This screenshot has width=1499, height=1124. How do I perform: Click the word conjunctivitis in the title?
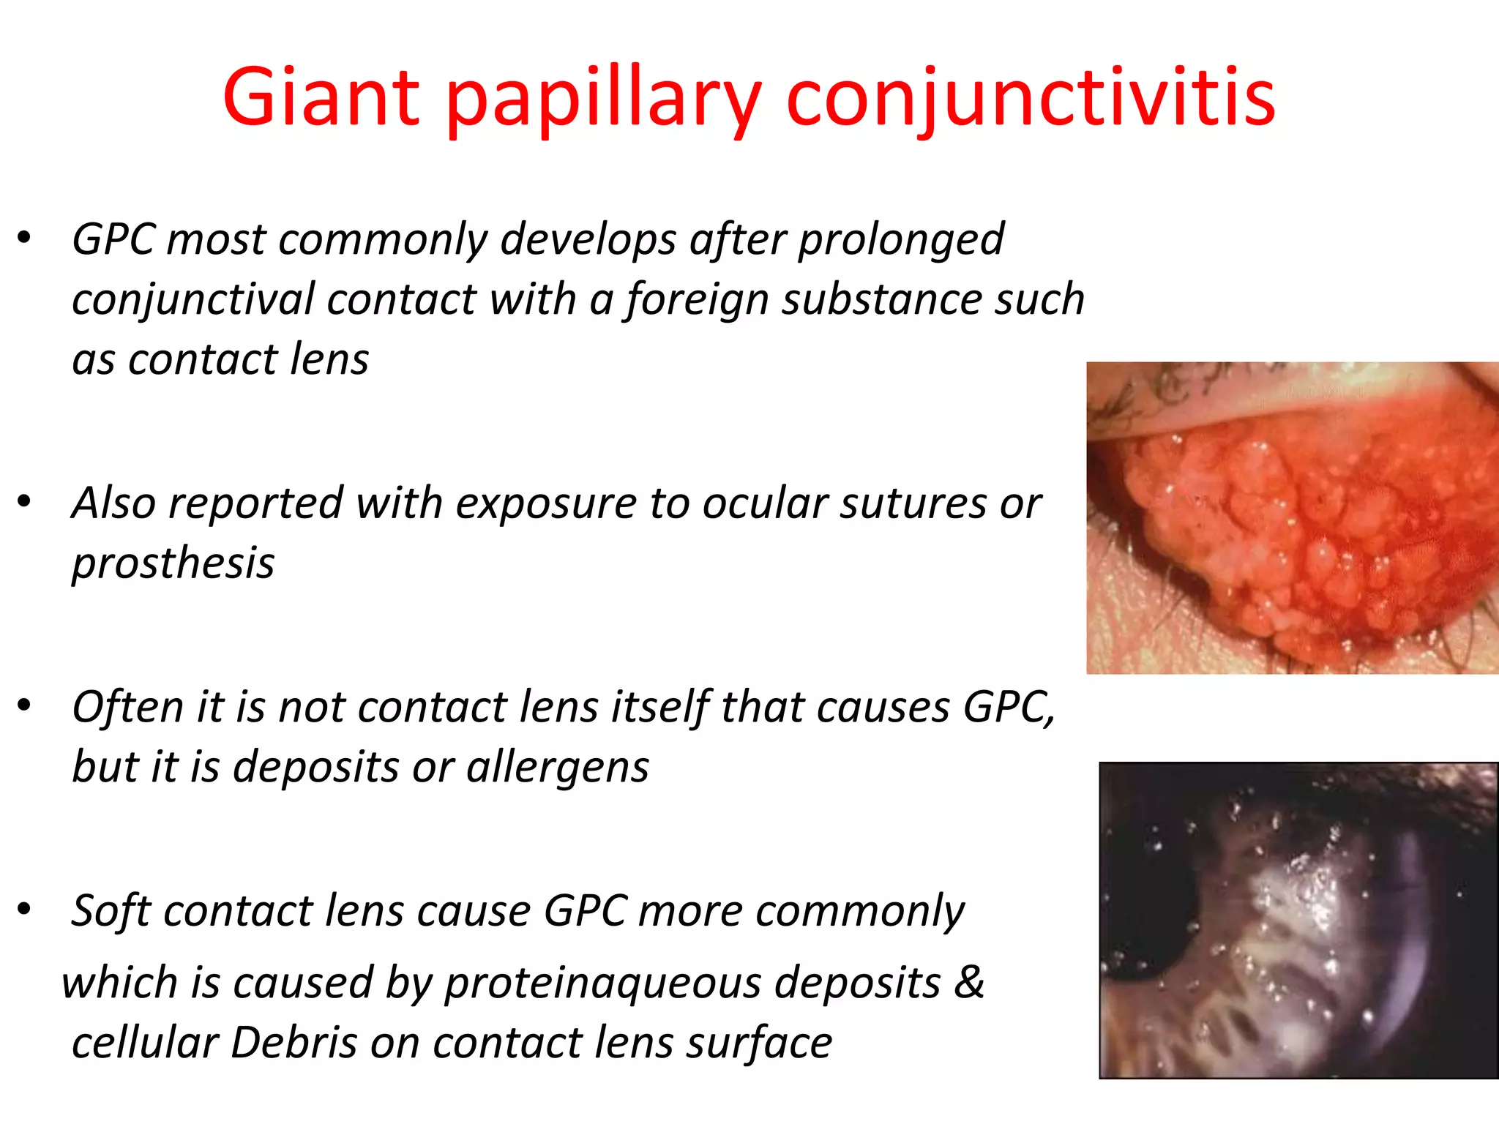pyautogui.click(x=1031, y=97)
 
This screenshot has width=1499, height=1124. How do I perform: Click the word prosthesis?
pyautogui.click(x=173, y=564)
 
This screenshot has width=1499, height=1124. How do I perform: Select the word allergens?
pyautogui.click(x=558, y=768)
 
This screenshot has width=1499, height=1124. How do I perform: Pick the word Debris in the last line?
pyautogui.click(x=294, y=1042)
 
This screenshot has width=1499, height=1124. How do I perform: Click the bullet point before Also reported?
pyautogui.click(x=25, y=502)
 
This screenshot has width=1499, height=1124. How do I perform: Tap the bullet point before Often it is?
pyautogui.click(x=25, y=705)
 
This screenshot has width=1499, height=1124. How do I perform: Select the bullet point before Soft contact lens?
pyautogui.click(x=25, y=909)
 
